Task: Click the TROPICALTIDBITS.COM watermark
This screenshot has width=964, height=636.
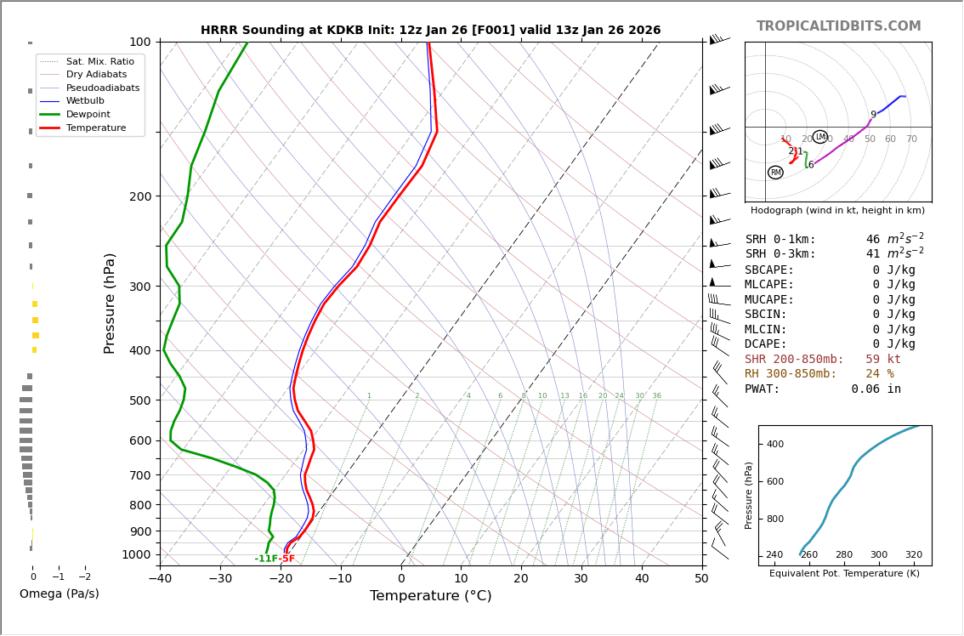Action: (838, 26)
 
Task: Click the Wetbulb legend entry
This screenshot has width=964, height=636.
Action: (85, 100)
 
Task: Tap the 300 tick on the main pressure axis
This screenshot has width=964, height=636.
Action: (139, 287)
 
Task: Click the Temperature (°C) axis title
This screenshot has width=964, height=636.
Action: (430, 596)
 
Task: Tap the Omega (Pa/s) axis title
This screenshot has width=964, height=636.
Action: (59, 593)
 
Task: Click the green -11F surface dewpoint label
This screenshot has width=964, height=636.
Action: (265, 559)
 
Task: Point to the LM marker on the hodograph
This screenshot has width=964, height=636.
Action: (819, 137)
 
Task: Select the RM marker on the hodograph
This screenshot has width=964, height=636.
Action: (775, 173)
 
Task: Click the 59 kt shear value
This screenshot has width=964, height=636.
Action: (883, 360)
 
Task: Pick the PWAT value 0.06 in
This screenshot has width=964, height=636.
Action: (876, 389)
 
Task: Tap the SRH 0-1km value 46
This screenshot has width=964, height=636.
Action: (873, 240)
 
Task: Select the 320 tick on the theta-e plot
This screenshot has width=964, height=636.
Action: (913, 555)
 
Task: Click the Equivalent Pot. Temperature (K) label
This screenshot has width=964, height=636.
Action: (844, 573)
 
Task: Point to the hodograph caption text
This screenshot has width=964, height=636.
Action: (837, 210)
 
